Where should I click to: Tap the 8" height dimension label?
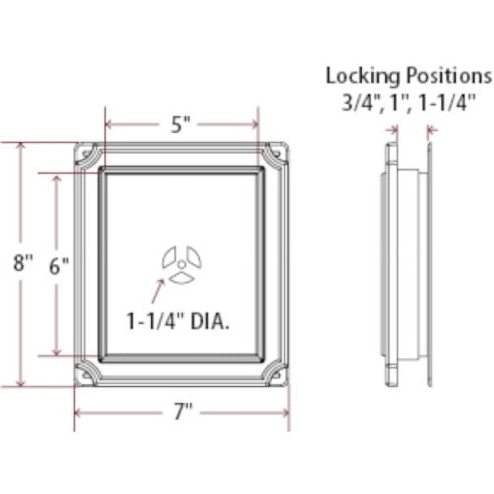point(22,262)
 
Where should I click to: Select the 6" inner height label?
point(59,266)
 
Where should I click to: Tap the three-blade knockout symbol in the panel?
point(182,264)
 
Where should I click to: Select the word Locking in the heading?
point(363,77)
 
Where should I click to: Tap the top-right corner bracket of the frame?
point(275,156)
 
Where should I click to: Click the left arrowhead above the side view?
point(394,130)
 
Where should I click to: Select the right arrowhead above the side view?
point(433,130)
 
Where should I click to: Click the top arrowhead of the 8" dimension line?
point(20,147)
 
